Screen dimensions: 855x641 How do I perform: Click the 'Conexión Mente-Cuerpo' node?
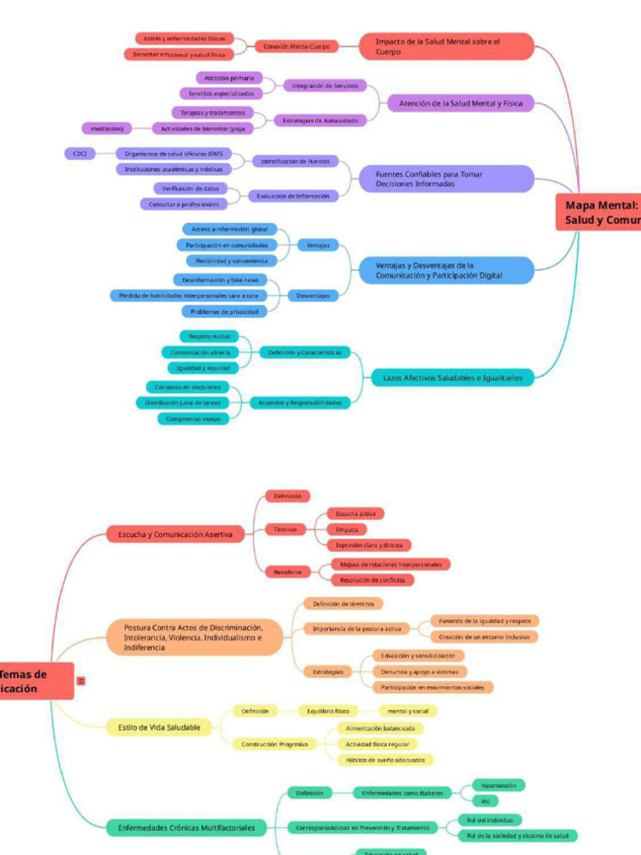[296, 47]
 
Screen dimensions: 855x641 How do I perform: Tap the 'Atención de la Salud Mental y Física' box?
[460, 104]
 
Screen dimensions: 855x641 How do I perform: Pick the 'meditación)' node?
[107, 129]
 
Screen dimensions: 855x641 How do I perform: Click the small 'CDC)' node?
[79, 154]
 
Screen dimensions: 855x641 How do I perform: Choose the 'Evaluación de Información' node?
[292, 196]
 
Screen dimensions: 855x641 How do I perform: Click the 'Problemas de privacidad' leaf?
[224, 311]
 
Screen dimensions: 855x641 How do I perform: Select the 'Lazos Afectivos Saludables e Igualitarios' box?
[452, 378]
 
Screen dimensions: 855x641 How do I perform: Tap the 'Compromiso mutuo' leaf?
[193, 419]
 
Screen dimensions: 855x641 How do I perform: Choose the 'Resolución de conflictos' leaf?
[372, 579]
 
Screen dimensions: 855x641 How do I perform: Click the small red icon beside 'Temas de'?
[81, 681]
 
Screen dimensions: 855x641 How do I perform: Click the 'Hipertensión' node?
[498, 785]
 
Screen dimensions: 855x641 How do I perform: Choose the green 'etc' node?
[485, 801]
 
